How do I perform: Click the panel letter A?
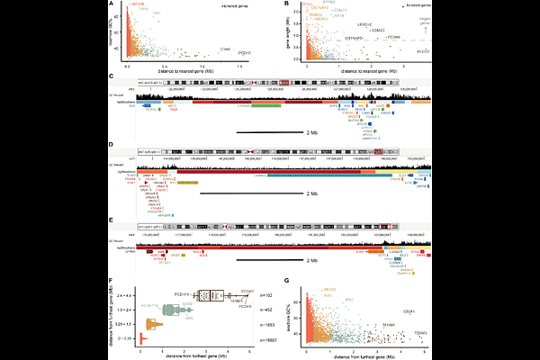point(111,4)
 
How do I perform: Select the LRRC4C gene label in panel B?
point(365,23)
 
